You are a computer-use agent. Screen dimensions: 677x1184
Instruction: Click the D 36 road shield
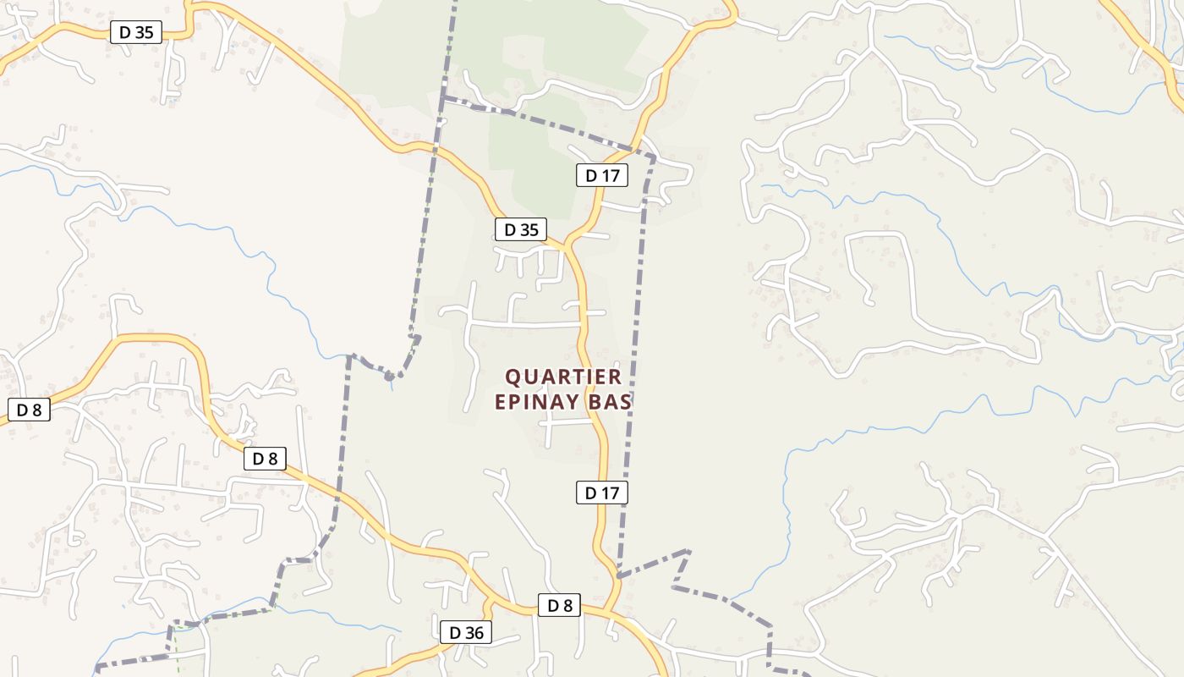click(x=465, y=632)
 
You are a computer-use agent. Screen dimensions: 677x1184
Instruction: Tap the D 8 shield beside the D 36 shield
click(x=559, y=605)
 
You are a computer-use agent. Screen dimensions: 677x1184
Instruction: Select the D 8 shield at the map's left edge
click(x=29, y=410)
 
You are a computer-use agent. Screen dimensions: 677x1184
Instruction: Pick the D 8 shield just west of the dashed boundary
click(x=265, y=459)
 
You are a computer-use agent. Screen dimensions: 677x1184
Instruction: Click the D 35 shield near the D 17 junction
click(x=521, y=229)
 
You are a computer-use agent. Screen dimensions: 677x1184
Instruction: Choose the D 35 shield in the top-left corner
click(x=135, y=33)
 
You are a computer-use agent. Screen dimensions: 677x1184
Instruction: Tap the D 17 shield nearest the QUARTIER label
click(x=602, y=492)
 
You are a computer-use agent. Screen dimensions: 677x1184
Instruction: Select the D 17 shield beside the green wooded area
click(x=602, y=176)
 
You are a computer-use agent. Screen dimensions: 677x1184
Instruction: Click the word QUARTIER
click(x=563, y=377)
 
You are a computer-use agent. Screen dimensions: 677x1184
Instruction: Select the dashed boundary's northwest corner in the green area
click(x=442, y=98)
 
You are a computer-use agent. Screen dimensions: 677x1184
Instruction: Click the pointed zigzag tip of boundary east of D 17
click(x=689, y=551)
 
